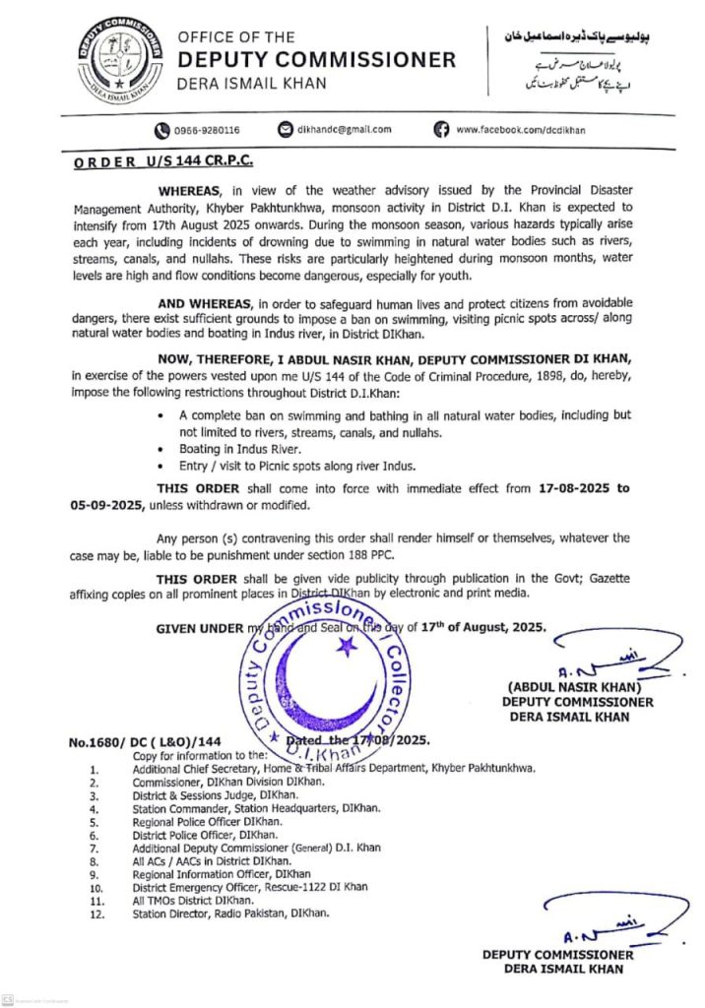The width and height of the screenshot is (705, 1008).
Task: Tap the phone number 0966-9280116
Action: click(x=208, y=129)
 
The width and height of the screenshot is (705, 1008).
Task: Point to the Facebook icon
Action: click(x=441, y=129)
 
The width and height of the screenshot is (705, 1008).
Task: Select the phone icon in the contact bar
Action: click(x=160, y=129)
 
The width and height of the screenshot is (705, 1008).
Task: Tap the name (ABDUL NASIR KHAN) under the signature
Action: click(x=575, y=686)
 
